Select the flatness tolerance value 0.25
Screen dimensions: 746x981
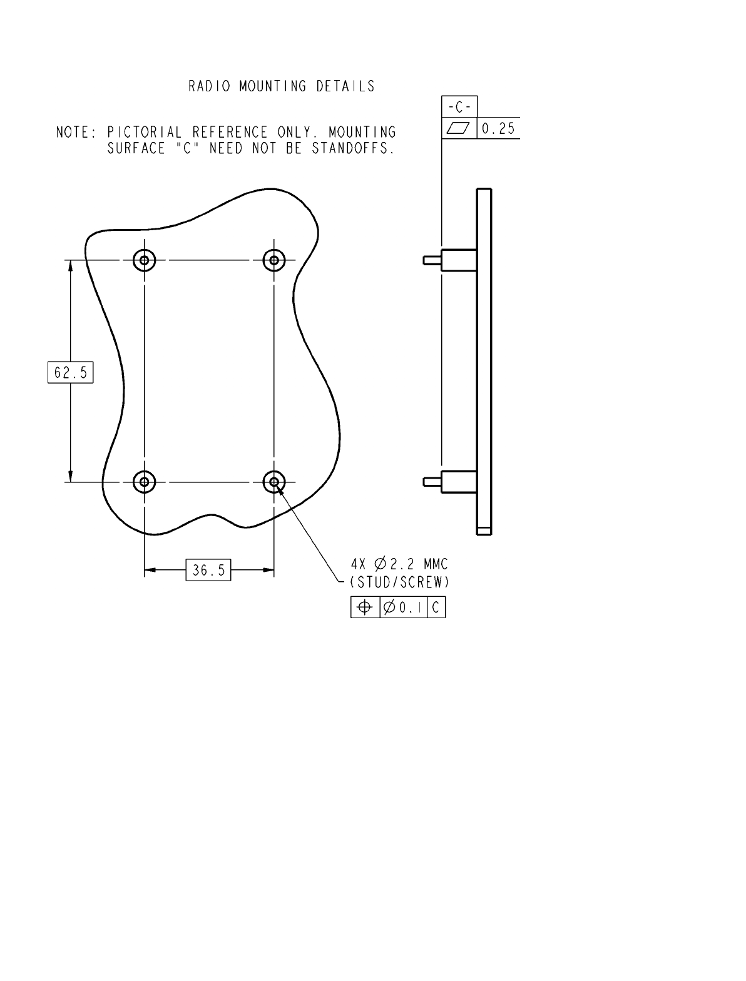(498, 129)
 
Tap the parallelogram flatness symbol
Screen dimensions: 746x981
(458, 128)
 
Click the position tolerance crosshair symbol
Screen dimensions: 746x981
(365, 607)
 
